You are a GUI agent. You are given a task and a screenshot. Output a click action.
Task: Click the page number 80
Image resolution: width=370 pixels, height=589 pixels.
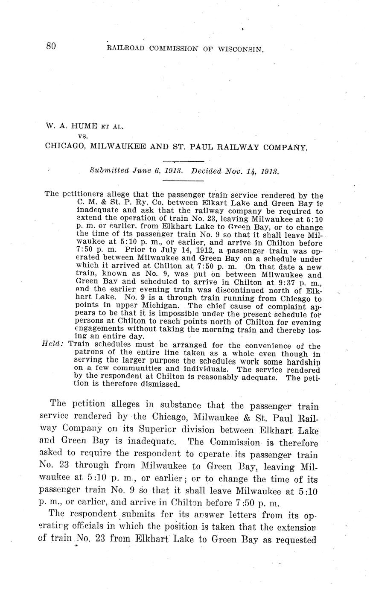pos(51,47)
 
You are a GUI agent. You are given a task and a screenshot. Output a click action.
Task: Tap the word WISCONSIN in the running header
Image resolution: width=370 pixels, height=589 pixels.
pos(241,49)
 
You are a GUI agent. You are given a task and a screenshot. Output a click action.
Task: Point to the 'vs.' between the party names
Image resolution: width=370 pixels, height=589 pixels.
pos(83,136)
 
